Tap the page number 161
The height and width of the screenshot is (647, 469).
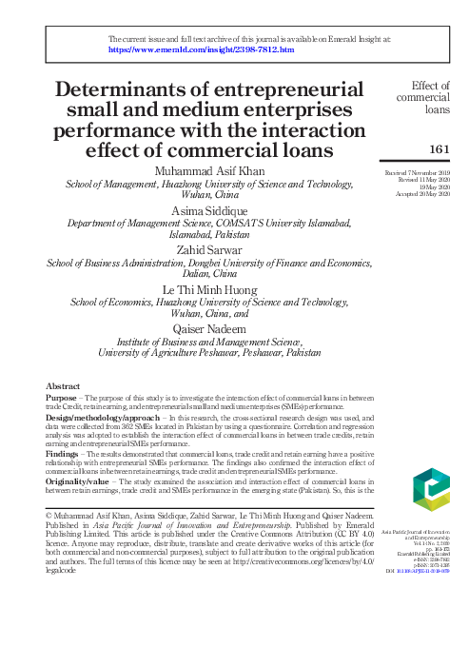pos(440,148)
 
